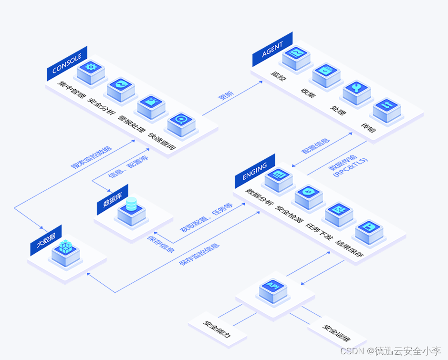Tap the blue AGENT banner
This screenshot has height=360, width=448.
[x=272, y=49]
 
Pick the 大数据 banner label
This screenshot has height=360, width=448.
[x=46, y=240]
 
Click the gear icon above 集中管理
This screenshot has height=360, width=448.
[x=91, y=67]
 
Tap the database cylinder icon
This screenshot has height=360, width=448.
[x=131, y=206]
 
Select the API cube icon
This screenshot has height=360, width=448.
[x=274, y=286]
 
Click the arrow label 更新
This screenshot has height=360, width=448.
[x=226, y=95]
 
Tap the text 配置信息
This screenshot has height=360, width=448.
[x=315, y=145]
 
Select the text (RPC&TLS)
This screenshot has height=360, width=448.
[x=351, y=166]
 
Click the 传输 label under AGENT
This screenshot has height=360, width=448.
[x=368, y=126]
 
